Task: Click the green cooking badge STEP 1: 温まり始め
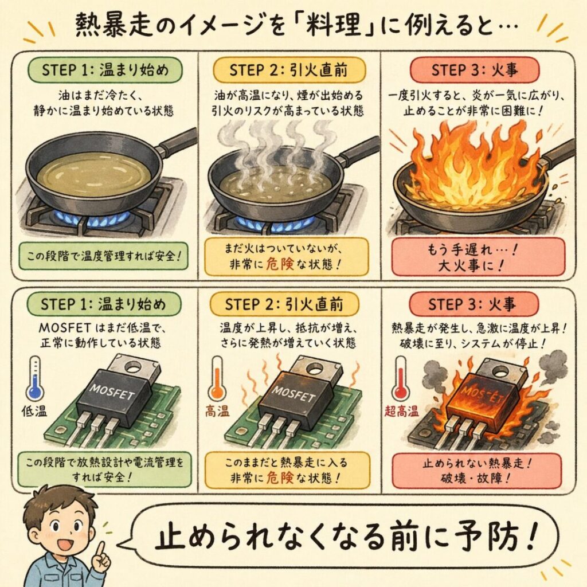click(x=105, y=70)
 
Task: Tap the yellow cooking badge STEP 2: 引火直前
click(x=289, y=70)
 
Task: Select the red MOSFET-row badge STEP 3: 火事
click(x=473, y=304)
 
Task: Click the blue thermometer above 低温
click(x=35, y=378)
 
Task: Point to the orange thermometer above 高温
click(x=217, y=378)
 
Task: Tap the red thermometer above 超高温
click(x=401, y=378)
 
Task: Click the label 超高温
click(x=401, y=412)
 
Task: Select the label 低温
click(x=34, y=412)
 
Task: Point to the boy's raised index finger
click(x=100, y=550)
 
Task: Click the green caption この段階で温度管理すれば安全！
click(x=104, y=256)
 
